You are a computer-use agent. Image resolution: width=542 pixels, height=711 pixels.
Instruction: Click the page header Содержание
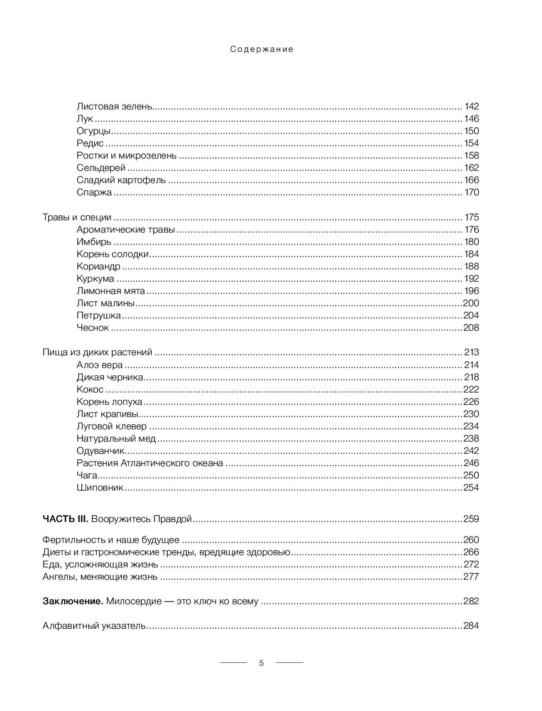point(262,50)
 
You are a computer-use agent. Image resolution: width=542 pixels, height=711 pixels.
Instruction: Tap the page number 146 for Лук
point(471,119)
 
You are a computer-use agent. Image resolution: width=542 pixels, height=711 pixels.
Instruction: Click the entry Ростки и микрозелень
point(127,156)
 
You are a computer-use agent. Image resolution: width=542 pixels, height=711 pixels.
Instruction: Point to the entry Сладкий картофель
point(121,180)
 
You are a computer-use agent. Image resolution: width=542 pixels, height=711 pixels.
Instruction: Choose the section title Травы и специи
point(77,217)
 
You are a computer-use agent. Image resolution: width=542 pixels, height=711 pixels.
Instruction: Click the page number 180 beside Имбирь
point(471,242)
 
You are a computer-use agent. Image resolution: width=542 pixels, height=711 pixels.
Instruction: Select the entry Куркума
point(95,278)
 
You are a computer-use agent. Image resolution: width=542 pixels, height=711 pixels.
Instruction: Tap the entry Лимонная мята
point(111,291)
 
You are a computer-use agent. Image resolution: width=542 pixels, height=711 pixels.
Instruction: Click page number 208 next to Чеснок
point(471,328)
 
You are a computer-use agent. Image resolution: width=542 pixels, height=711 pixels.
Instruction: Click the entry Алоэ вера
point(99,365)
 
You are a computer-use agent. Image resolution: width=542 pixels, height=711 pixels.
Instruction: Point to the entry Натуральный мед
point(116,438)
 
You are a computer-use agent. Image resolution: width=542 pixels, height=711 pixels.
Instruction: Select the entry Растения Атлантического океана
point(150,463)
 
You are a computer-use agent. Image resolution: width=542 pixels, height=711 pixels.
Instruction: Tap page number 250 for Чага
point(471,475)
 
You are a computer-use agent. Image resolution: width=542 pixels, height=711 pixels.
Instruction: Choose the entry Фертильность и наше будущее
point(111,540)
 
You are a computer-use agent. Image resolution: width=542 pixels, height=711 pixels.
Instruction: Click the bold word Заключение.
point(73,602)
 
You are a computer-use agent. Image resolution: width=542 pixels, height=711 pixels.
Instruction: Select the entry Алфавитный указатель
point(94,626)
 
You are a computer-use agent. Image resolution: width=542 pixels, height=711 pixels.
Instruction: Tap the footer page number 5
point(261,663)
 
